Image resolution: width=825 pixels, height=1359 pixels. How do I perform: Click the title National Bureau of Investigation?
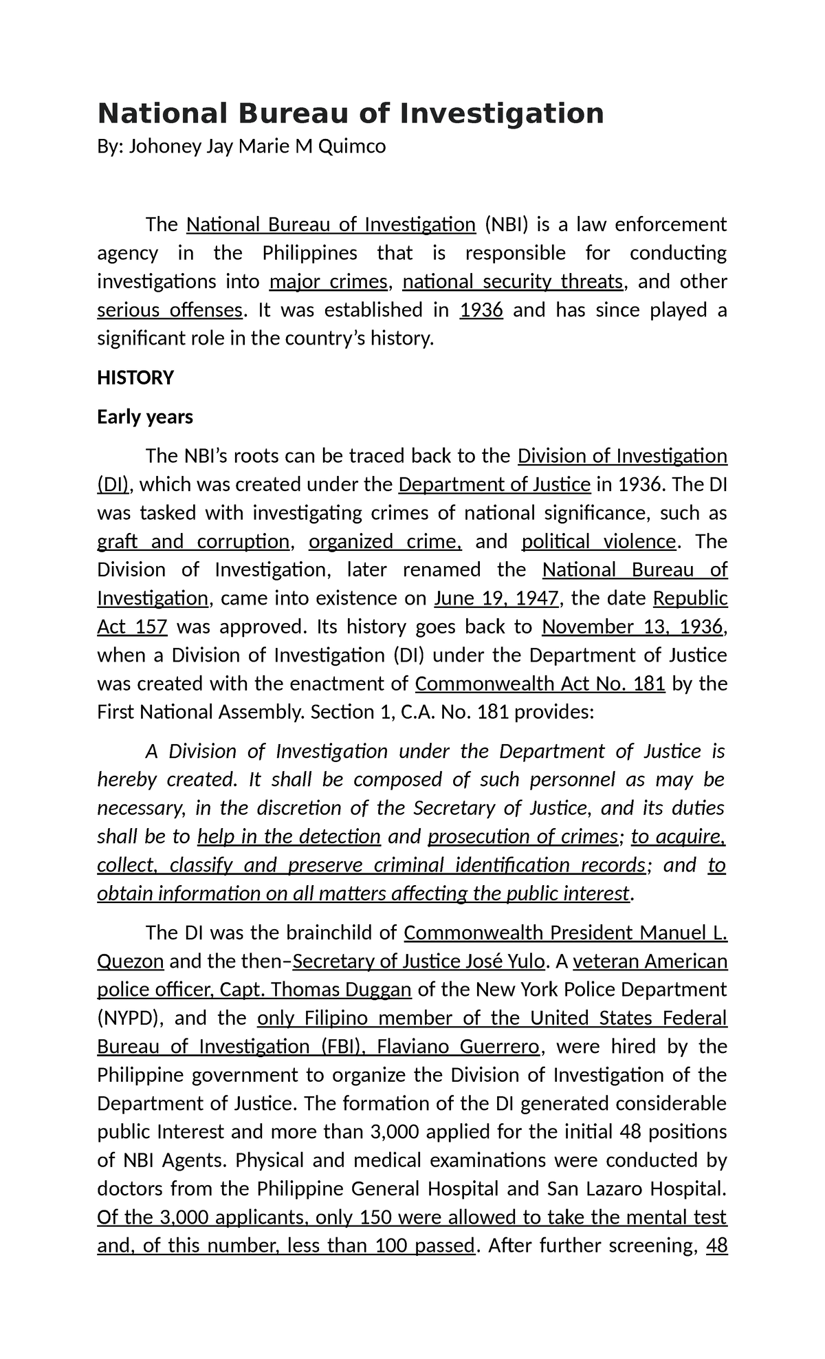(x=351, y=113)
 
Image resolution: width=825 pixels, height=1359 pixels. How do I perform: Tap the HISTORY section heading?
(x=135, y=378)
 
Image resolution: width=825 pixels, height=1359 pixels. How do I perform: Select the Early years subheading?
(x=145, y=417)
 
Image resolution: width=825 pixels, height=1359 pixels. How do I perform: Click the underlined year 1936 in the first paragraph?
(x=481, y=310)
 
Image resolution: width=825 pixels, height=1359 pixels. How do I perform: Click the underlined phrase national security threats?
(x=513, y=282)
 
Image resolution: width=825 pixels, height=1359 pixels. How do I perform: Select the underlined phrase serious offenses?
(x=169, y=310)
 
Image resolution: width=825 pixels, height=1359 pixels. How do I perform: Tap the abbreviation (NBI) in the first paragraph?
(x=506, y=225)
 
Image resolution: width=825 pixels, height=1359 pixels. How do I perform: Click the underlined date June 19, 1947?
(x=496, y=598)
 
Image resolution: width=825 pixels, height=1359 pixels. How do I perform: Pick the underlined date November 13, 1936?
(x=632, y=627)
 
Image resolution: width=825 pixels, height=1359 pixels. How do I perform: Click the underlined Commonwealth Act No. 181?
(x=540, y=684)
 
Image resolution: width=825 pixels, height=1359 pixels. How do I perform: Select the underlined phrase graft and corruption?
(x=193, y=541)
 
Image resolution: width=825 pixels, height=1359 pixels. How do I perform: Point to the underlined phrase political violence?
(x=599, y=541)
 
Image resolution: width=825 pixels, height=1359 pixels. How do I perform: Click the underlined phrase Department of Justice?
(x=494, y=485)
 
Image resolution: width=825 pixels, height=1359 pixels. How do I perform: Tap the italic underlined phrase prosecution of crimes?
(x=522, y=836)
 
